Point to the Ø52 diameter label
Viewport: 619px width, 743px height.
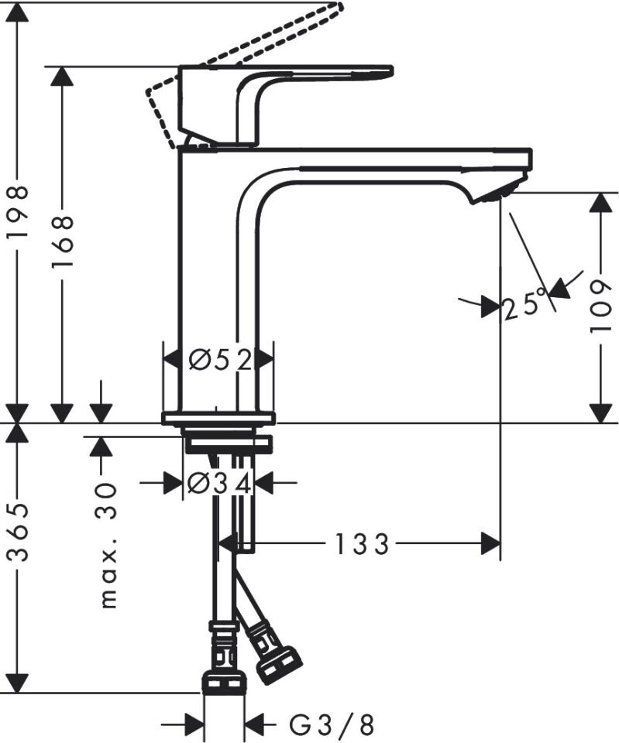point(221,360)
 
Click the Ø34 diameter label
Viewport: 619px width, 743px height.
point(220,484)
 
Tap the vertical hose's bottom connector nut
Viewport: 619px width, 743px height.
point(224,682)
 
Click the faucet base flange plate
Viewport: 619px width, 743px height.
point(218,419)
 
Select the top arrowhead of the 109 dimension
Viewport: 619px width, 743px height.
point(600,202)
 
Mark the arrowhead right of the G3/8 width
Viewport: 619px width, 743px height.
point(255,725)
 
